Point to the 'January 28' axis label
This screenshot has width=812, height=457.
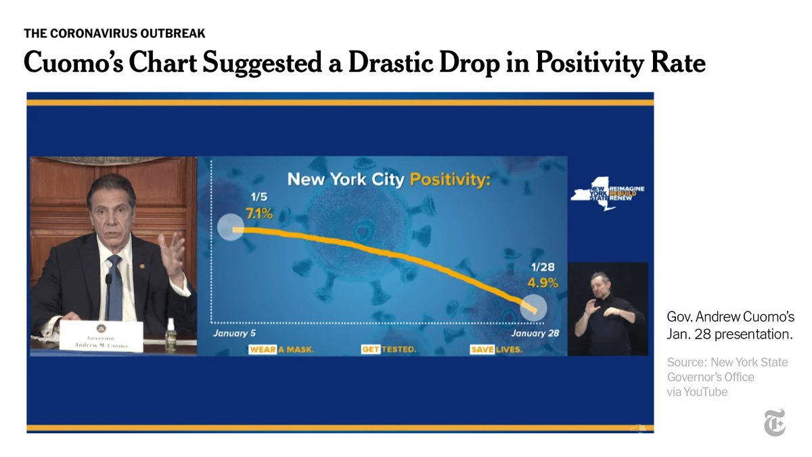tap(535, 333)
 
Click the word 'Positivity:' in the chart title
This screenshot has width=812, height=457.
tap(450, 179)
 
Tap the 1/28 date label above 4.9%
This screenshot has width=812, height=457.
tap(543, 267)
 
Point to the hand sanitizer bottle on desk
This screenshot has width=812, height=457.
tap(171, 335)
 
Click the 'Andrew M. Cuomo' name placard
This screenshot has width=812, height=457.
tap(101, 336)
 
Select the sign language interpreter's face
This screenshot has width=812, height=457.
tap(600, 282)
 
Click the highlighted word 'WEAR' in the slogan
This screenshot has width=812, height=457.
tap(263, 350)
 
